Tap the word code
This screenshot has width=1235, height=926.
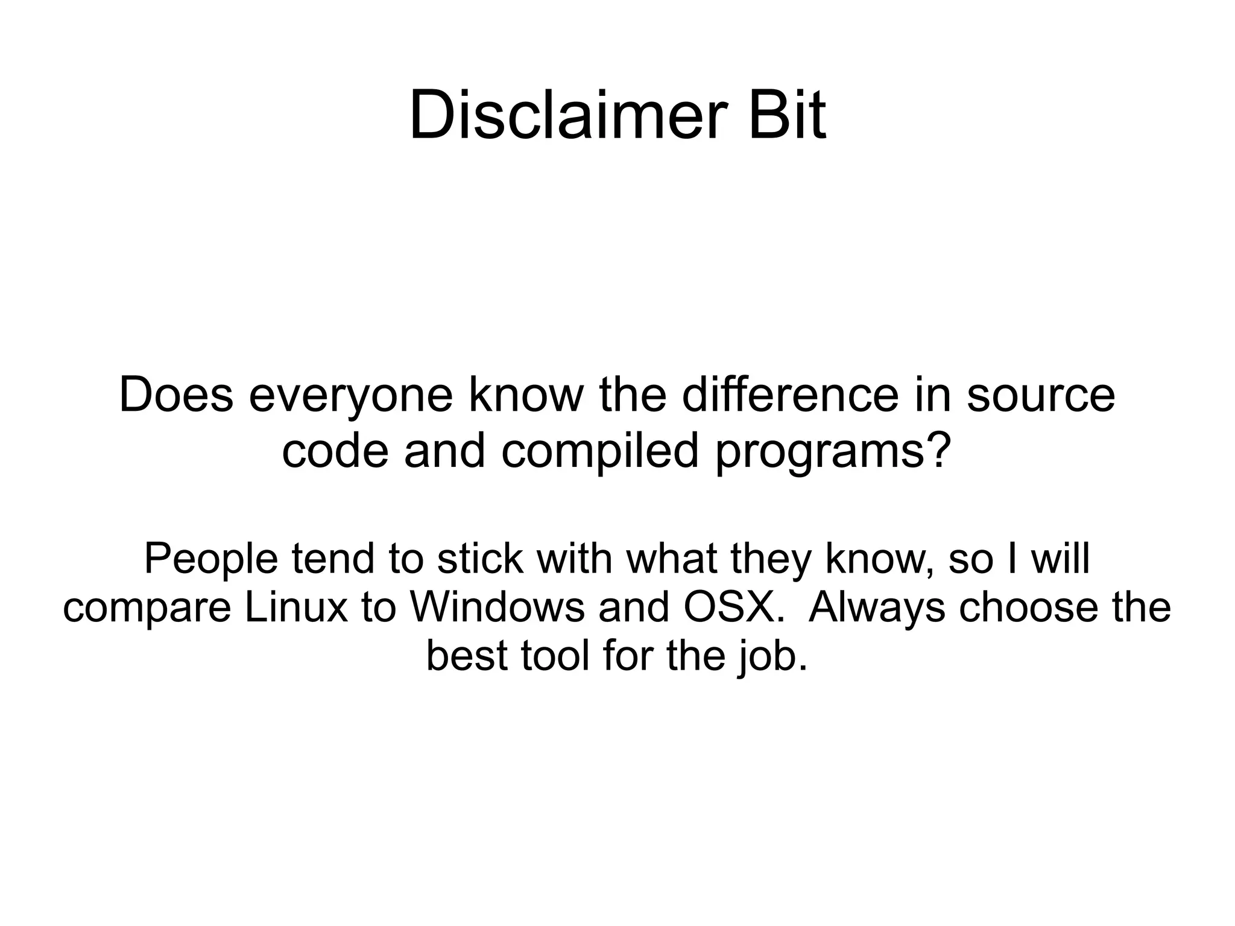335,451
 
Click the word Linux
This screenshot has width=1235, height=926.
296,607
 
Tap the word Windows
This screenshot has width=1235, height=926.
497,607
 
